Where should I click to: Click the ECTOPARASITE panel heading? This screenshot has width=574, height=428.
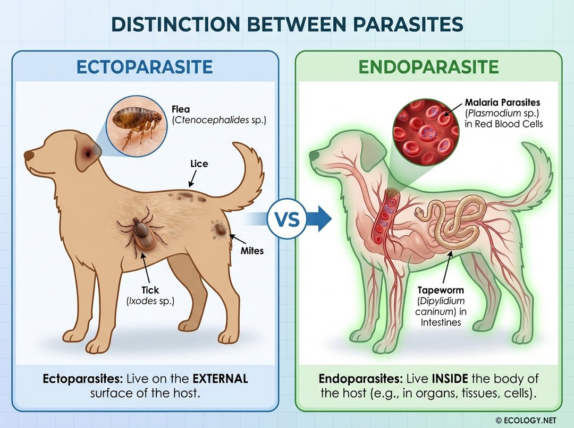click(145, 67)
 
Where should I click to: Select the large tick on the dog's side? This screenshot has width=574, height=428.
click(141, 232)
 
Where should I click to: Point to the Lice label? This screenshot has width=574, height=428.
click(199, 164)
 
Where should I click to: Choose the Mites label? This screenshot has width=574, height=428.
click(252, 250)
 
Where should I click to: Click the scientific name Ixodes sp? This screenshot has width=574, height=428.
click(150, 301)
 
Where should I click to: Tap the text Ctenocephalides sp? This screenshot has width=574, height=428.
click(218, 121)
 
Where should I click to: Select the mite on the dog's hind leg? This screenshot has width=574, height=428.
click(218, 229)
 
